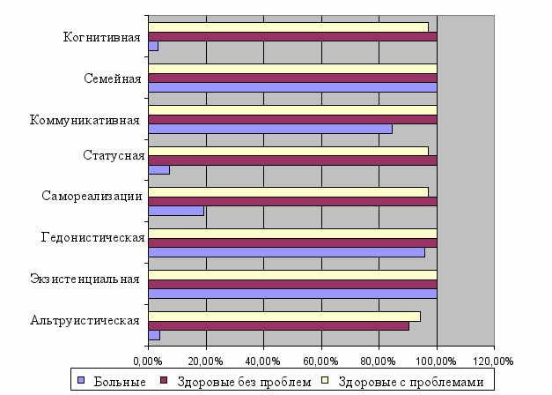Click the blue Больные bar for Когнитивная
pyautogui.click(x=153, y=46)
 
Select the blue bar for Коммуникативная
pyautogui.click(x=270, y=129)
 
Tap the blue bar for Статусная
pyautogui.click(x=159, y=169)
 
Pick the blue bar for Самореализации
pyautogui.click(x=176, y=211)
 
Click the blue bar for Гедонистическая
pyautogui.click(x=286, y=252)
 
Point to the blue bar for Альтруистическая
pyautogui.click(x=154, y=335)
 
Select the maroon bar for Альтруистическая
pyautogui.click(x=278, y=325)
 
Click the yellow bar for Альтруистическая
pyautogui.click(x=284, y=316)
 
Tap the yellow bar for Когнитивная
pyautogui.click(x=288, y=26)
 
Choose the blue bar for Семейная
pyautogui.click(x=292, y=87)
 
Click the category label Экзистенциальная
pyautogui.click(x=85, y=279)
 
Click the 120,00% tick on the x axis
pyautogui.click(x=493, y=361)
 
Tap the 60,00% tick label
pyautogui.click(x=320, y=361)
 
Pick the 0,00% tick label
pyautogui.click(x=148, y=361)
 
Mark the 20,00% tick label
pyautogui.click(x=205, y=361)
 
